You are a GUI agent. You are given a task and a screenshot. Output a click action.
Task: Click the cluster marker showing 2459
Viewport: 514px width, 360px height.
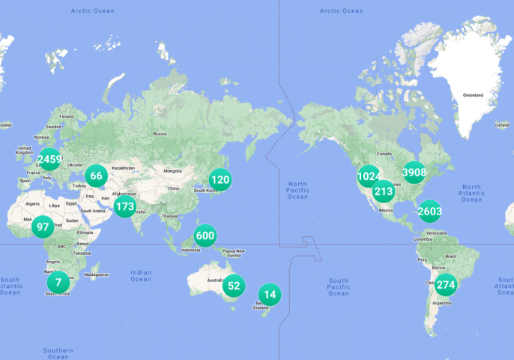pos(50,159)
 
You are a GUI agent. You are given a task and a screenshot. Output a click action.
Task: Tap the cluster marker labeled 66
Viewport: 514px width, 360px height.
pos(96,176)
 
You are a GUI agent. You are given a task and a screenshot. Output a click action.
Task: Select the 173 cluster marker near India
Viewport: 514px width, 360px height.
pos(125,205)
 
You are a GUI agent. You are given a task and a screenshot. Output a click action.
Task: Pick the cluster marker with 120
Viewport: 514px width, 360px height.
pos(220,179)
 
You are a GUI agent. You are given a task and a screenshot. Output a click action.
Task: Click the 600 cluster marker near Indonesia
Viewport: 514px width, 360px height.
pos(205,235)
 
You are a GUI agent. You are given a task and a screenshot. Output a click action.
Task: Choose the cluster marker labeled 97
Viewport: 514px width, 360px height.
pos(43,227)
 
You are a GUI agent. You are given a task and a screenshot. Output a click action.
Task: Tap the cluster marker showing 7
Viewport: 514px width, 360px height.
pos(58,283)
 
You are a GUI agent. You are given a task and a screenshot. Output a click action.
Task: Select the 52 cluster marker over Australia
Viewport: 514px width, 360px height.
pos(234,285)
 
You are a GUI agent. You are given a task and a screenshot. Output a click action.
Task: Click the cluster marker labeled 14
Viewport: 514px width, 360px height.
pos(270,295)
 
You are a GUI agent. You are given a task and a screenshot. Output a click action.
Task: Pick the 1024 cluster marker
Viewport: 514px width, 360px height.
pos(369,177)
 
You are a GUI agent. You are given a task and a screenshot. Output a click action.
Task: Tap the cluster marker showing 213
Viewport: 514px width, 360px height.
pos(384,191)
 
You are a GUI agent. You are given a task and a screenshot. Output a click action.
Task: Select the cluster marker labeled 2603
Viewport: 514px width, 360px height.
pos(429,211)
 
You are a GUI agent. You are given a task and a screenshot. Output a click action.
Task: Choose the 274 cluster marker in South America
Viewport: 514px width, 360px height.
pos(445,284)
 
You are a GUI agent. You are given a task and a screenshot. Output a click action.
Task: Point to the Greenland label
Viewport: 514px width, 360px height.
pos(473,95)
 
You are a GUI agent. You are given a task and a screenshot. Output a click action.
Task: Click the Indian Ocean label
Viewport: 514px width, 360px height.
pos(140,275)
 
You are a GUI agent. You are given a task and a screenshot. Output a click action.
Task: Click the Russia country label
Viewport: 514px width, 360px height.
pos(160,133)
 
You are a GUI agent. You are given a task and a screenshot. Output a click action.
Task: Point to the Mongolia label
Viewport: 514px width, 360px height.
pos(174,170)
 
